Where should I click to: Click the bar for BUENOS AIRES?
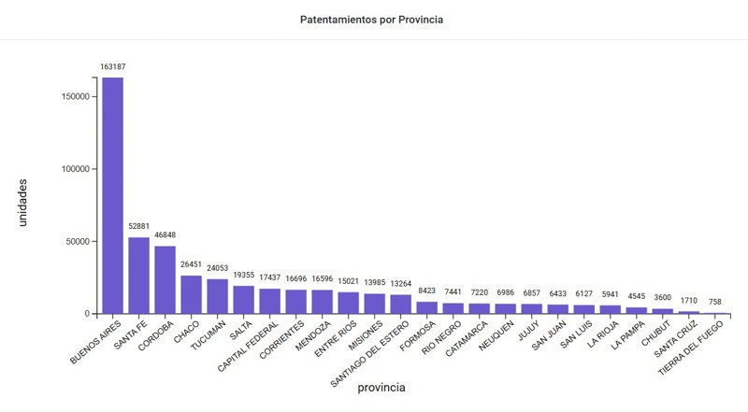pos(112,195)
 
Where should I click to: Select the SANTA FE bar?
pos(138,276)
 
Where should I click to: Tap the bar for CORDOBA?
pos(165,279)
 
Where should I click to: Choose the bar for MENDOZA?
pos(322,302)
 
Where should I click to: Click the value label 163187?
pos(112,66)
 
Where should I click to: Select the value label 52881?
pos(138,227)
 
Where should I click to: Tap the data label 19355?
pos(243,276)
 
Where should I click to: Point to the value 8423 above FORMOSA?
pos(426,291)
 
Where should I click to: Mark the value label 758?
pos(714,302)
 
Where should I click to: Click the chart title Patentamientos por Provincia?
pos(373,19)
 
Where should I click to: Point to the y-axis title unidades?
pos(23,202)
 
